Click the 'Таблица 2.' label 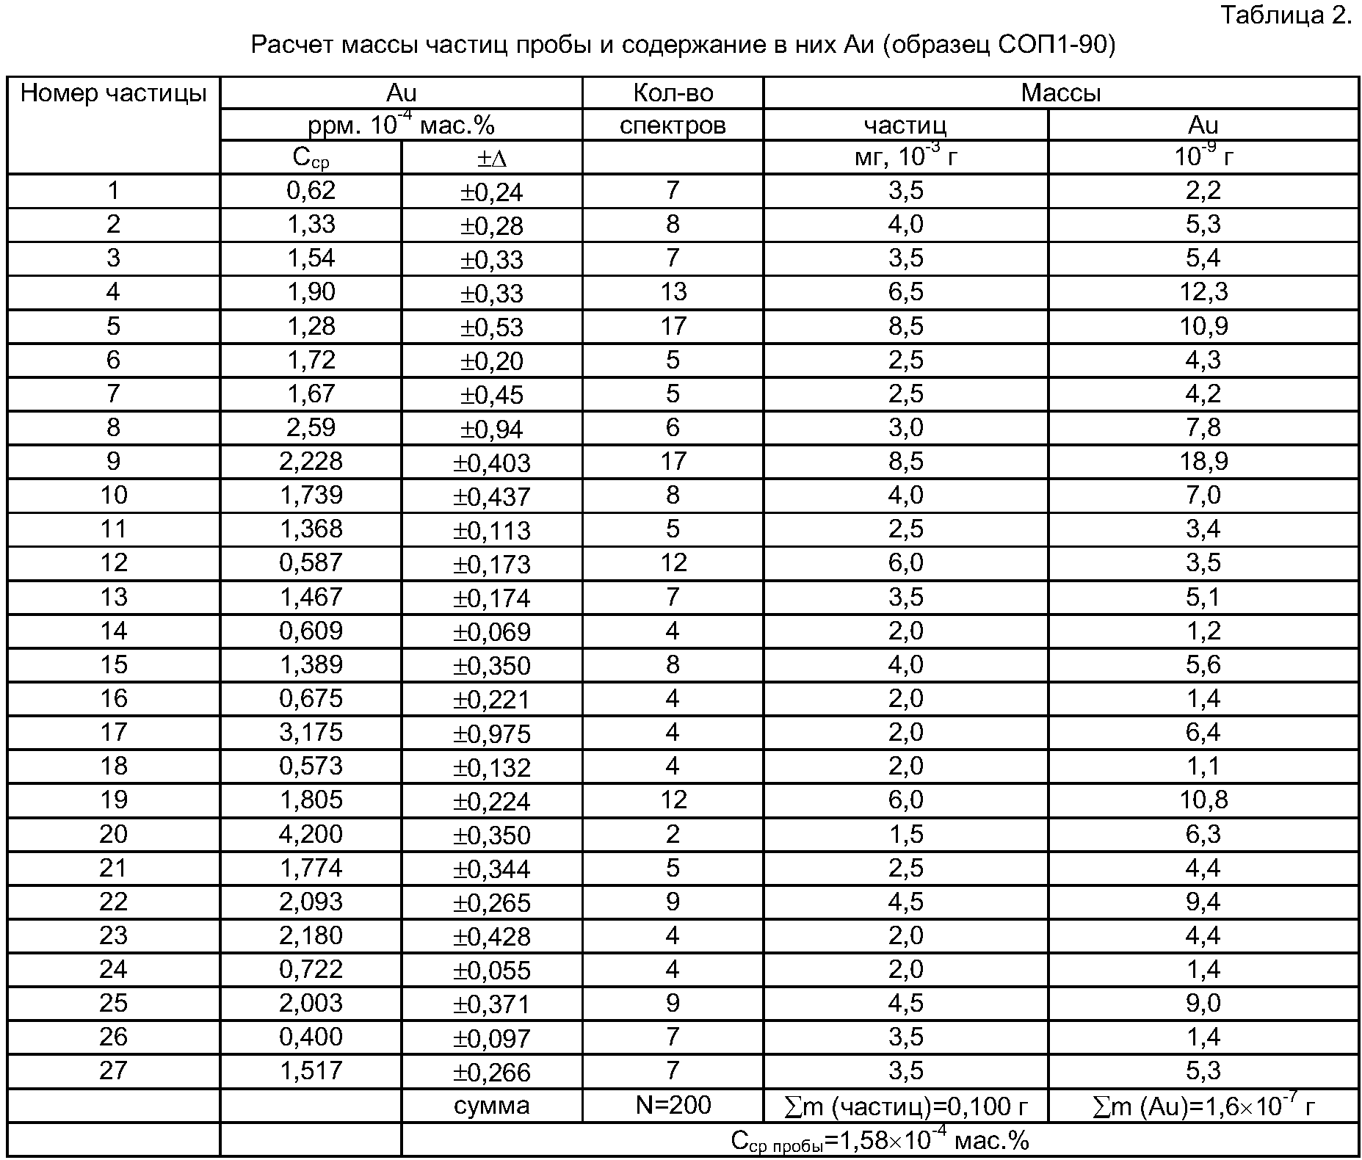(1286, 15)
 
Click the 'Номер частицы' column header (113, 93)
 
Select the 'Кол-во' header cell (673, 93)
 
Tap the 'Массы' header (1060, 93)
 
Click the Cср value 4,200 (311, 834)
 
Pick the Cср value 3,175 (311, 732)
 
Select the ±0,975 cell (491, 733)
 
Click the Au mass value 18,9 (1203, 461)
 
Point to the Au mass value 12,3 (1203, 292)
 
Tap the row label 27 (113, 1070)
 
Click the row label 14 (113, 631)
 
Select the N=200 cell (673, 1105)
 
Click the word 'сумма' (491, 1106)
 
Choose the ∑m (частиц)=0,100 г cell (905, 1106)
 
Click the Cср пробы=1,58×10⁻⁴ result (880, 1141)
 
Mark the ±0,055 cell (491, 971)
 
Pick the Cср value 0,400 (311, 1037)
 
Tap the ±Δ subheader (491, 158)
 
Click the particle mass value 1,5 (905, 834)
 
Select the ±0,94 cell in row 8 (491, 429)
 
